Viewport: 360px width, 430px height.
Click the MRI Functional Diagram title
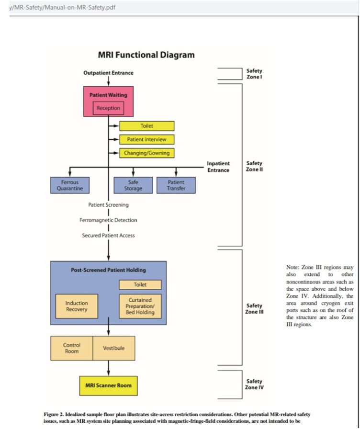(146, 55)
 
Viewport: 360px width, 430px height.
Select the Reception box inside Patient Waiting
(108, 108)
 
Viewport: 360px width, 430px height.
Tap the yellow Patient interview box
(146, 139)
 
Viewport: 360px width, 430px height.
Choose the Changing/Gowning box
(146, 153)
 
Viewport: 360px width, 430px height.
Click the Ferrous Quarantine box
(70, 185)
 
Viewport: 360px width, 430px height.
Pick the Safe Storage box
(133, 185)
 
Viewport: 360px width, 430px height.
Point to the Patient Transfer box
(176, 185)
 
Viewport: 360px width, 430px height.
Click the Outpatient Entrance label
(108, 73)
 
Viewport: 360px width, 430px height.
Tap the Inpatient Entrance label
(218, 167)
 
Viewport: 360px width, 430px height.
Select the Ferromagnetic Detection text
(108, 220)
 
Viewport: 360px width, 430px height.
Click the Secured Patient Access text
(108, 236)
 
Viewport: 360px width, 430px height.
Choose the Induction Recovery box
(77, 306)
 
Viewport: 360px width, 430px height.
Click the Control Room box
(71, 348)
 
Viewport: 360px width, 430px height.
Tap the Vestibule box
(113, 348)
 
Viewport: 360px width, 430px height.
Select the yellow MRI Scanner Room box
(108, 385)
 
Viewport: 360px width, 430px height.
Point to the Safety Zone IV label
(254, 385)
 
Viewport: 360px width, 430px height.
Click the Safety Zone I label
(254, 74)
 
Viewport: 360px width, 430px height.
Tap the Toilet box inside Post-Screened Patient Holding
(140, 285)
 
